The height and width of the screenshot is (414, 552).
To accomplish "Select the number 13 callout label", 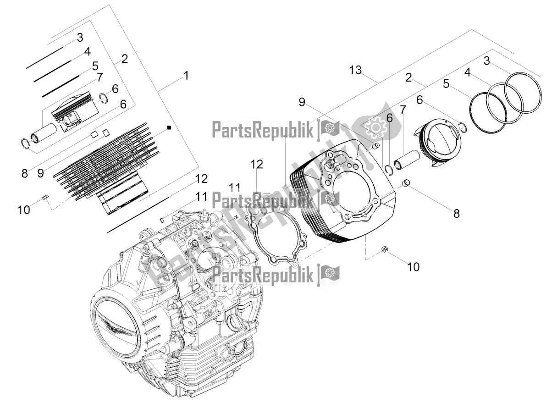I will click(355, 71).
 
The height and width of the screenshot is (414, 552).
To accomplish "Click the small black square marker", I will click(169, 127).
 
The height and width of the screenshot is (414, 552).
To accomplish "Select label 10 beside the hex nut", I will click(413, 266).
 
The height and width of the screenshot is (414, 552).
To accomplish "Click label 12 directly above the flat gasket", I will click(257, 164).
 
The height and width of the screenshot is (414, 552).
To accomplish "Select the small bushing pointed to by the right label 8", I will click(406, 185).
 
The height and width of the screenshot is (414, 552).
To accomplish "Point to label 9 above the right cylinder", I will click(302, 102).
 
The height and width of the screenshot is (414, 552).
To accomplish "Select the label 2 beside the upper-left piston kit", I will click(124, 59).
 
